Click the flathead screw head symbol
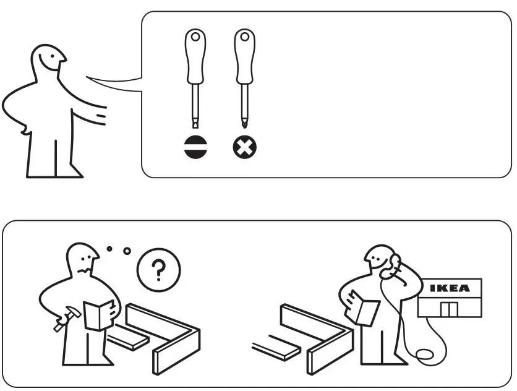coord(195,147)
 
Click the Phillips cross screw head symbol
coord(245,147)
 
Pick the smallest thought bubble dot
coord(109,249)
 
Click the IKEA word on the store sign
coord(450,288)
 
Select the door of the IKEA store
coord(448,309)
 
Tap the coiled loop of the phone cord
coord(426,357)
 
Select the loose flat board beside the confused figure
coord(127,338)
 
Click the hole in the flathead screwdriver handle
coord(195,37)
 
